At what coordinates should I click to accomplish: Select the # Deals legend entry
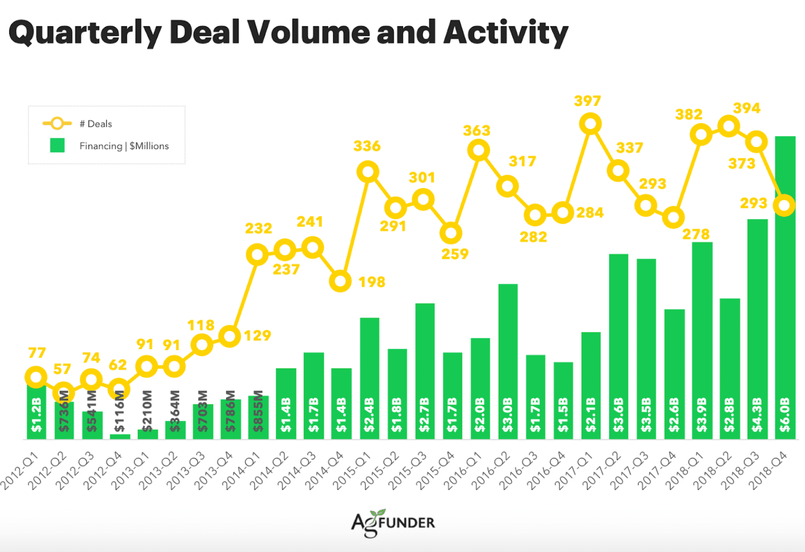point(78,124)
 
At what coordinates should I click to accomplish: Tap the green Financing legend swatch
point(57,146)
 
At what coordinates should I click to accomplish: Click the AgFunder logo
point(393,523)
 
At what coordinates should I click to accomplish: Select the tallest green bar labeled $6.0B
point(784,288)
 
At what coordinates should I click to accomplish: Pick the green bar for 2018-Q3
point(757,329)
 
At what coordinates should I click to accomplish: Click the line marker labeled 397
point(590,124)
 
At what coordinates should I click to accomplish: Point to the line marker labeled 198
point(340,281)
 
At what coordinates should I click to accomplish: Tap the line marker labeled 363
point(479,151)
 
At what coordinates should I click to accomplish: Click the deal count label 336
point(367,146)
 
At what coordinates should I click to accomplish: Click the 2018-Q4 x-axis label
point(768,470)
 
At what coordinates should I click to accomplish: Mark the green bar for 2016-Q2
point(508,361)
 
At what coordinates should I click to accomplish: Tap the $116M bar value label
point(119,411)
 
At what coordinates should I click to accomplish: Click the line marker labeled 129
point(230,336)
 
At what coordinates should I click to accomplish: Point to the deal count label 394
point(746,108)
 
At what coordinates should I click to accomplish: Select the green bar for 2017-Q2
point(618,346)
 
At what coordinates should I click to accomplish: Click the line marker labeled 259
point(451,233)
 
